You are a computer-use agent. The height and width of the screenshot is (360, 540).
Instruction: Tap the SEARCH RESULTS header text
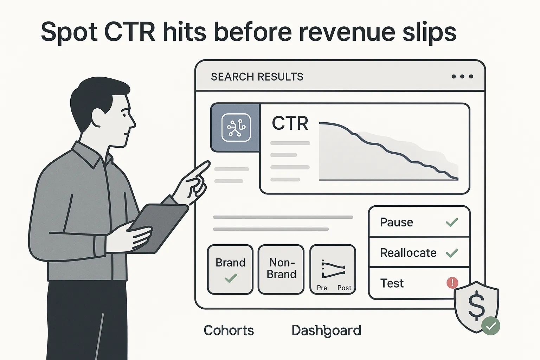click(x=257, y=77)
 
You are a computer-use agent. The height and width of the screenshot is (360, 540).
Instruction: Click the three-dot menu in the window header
click(x=462, y=77)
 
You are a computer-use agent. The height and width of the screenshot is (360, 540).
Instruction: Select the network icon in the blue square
click(x=236, y=128)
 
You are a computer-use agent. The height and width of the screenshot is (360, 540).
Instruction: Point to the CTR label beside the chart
click(x=290, y=123)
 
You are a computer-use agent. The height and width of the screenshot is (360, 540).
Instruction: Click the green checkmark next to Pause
click(x=452, y=222)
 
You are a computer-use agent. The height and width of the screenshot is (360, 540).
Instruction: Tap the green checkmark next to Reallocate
click(x=452, y=253)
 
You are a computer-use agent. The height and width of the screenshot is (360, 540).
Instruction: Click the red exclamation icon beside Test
click(x=452, y=283)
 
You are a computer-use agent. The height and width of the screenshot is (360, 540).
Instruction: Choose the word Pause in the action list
click(x=397, y=222)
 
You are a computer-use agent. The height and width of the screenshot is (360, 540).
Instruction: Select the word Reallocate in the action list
click(x=408, y=253)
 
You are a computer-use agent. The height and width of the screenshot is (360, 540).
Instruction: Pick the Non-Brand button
click(x=281, y=269)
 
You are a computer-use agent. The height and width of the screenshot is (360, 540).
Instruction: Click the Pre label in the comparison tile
click(x=322, y=288)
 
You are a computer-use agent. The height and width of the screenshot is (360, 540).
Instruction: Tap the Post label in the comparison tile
click(x=344, y=288)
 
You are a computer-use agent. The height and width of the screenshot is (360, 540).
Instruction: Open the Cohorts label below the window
click(x=229, y=330)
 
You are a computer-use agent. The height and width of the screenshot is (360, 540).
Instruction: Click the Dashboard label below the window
click(x=326, y=330)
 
